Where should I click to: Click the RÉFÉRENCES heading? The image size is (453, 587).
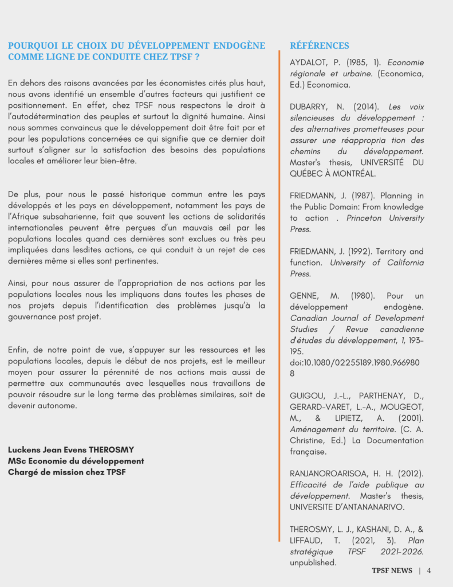coord(319,46)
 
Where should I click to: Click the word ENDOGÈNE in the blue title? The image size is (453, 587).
coord(239,45)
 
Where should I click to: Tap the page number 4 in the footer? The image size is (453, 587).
coord(428,570)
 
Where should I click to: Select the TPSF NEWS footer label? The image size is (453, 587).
coord(392,570)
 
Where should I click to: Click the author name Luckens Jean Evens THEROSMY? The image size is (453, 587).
coord(71,449)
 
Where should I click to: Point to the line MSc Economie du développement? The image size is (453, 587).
coord(76,461)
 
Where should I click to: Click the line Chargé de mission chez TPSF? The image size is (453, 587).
coord(66,472)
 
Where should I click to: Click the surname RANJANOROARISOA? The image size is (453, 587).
coord(328,474)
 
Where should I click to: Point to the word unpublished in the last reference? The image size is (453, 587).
coord(313,563)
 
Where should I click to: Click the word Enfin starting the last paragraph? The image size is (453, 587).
coord(18,350)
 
